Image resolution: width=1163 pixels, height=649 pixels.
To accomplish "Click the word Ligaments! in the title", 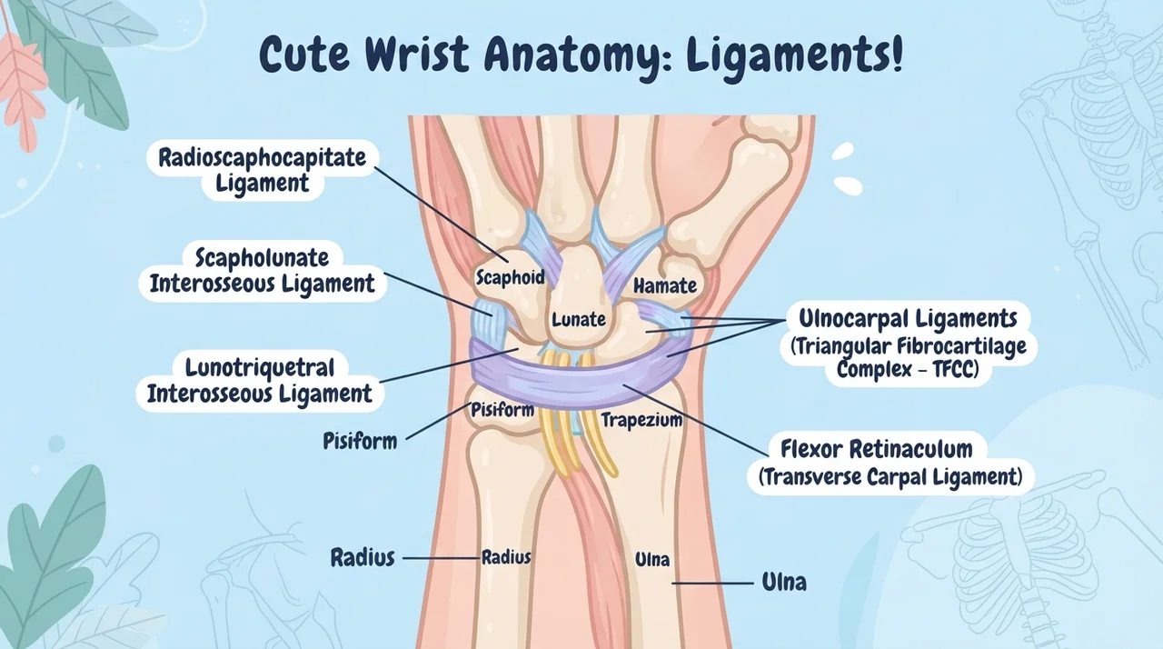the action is pyautogui.click(x=794, y=55).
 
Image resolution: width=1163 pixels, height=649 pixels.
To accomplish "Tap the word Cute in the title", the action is pyautogui.click(x=304, y=54).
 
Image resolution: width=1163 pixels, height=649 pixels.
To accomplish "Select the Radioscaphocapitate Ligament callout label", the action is pyautogui.click(x=263, y=170).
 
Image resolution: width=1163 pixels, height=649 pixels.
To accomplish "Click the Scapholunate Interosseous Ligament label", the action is pyautogui.click(x=263, y=271).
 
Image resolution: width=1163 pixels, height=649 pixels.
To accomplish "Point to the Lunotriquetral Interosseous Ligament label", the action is pyautogui.click(x=260, y=381).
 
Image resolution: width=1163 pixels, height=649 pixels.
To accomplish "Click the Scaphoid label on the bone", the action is pyautogui.click(x=511, y=277).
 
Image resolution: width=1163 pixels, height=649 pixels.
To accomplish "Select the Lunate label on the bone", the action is pyautogui.click(x=579, y=319).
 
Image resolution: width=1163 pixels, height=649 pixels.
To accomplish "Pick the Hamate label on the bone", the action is pyautogui.click(x=665, y=285).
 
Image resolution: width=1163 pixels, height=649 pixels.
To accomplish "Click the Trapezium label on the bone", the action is pyautogui.click(x=641, y=420).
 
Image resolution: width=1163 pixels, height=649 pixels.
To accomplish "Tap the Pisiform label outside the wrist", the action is pyautogui.click(x=360, y=442).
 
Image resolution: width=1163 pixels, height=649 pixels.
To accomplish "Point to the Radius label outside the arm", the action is pyautogui.click(x=363, y=557).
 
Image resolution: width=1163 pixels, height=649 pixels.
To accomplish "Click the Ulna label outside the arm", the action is pyautogui.click(x=784, y=583).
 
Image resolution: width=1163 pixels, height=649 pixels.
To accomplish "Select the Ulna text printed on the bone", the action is pyautogui.click(x=652, y=560).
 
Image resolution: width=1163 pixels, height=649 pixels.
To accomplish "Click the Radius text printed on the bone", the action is pyautogui.click(x=506, y=557).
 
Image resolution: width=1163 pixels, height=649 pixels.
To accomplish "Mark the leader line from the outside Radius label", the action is pyautogui.click(x=442, y=559).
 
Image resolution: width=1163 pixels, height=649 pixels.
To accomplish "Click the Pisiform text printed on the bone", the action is pyautogui.click(x=502, y=410).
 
